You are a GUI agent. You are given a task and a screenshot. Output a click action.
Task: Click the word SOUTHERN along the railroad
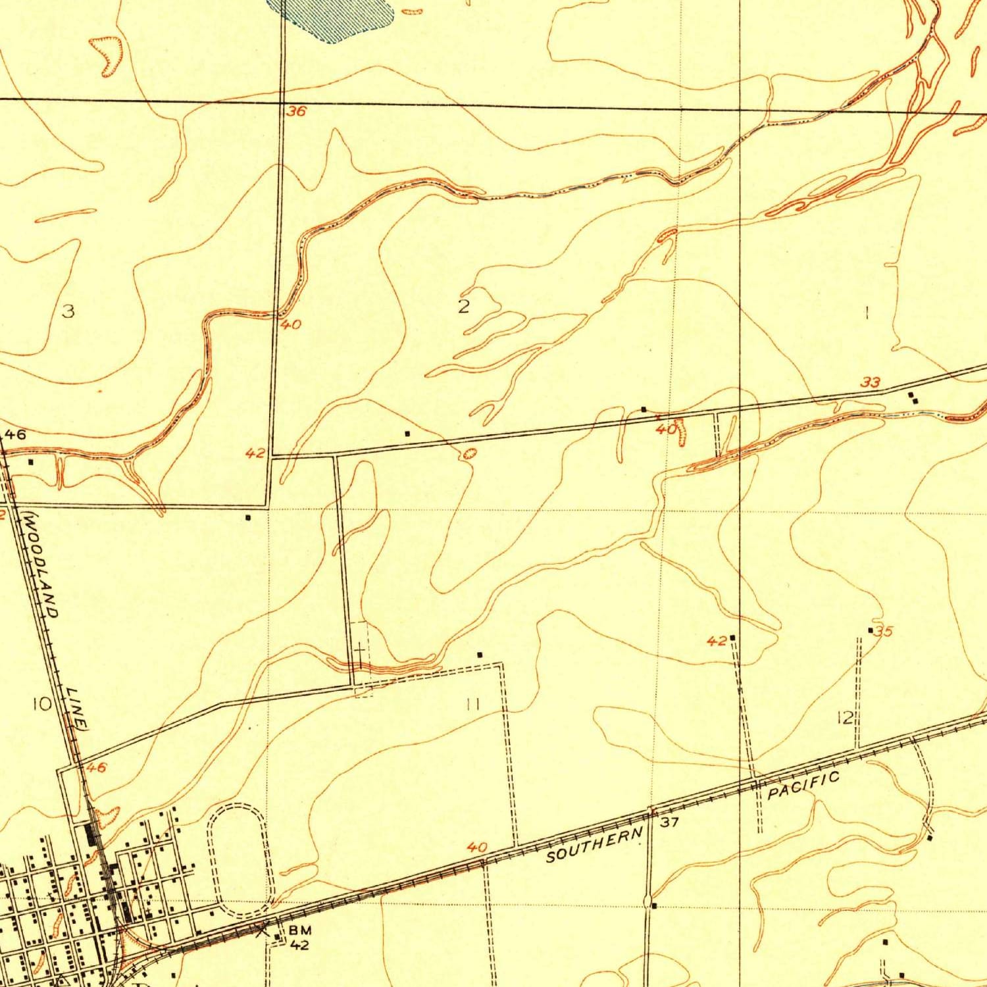click(594, 846)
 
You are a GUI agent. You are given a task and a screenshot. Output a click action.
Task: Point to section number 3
click(68, 311)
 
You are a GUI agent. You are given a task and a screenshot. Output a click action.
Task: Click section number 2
click(463, 307)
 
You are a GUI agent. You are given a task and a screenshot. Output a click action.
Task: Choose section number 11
click(472, 705)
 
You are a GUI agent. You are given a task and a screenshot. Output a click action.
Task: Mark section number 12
click(845, 718)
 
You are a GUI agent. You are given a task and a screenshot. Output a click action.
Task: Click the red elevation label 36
click(296, 112)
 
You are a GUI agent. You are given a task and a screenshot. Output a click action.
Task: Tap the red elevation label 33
click(871, 382)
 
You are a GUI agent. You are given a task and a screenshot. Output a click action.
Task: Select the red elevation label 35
click(884, 632)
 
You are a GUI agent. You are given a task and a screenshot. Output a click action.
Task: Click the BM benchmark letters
click(299, 930)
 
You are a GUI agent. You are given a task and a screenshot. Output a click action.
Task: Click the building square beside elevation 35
click(871, 630)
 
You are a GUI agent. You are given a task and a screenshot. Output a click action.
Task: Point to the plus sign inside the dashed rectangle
click(359, 651)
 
